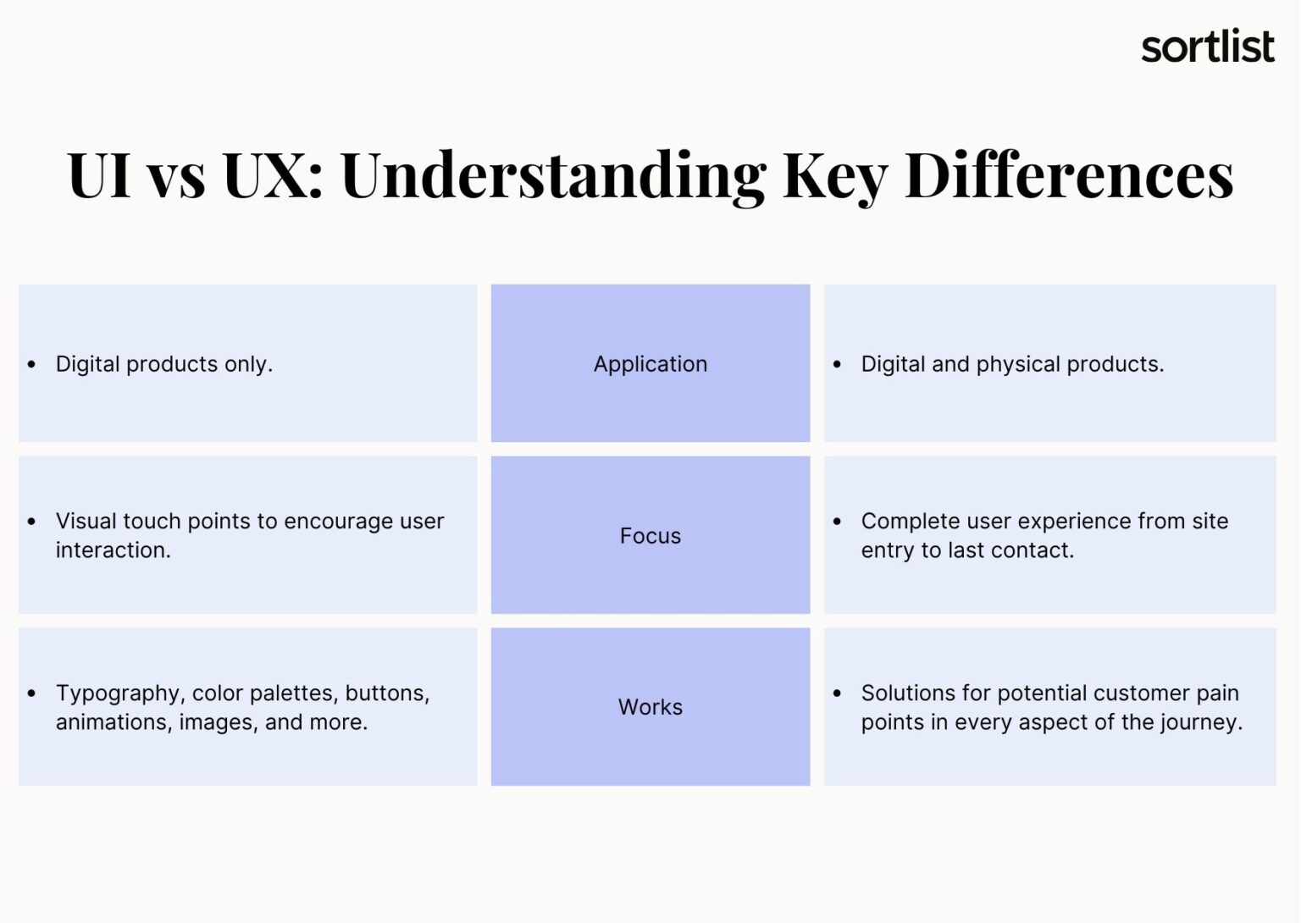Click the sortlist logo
1207,47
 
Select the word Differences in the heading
1069,175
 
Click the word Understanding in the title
553,175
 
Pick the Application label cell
650,364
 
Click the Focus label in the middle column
650,536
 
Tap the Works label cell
650,707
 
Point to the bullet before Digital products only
32,365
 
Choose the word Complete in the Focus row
911,521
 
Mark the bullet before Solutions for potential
838,694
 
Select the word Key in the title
834,175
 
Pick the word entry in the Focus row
888,550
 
